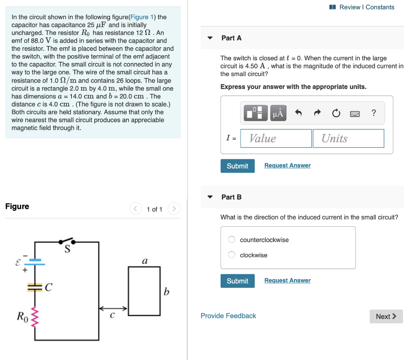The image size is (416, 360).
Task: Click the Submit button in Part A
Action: [x=237, y=166]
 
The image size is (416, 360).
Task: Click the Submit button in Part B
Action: [x=237, y=281]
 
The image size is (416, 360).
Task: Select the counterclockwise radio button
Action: [x=232, y=240]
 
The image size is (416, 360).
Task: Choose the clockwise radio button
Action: [x=232, y=255]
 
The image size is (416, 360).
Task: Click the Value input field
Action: [x=276, y=139]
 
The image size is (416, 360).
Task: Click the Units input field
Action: [x=348, y=139]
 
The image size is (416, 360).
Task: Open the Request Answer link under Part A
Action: [x=287, y=165]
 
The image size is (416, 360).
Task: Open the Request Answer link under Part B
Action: [x=287, y=280]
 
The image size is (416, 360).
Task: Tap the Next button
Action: [x=386, y=317]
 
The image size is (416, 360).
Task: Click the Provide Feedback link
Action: [x=228, y=316]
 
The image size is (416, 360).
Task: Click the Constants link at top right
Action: [x=380, y=7]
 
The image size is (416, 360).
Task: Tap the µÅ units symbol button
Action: [x=278, y=113]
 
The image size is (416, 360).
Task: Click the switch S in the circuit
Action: [x=67, y=241]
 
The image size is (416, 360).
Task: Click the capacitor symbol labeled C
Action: [x=35, y=288]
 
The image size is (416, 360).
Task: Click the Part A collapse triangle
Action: [x=210, y=38]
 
